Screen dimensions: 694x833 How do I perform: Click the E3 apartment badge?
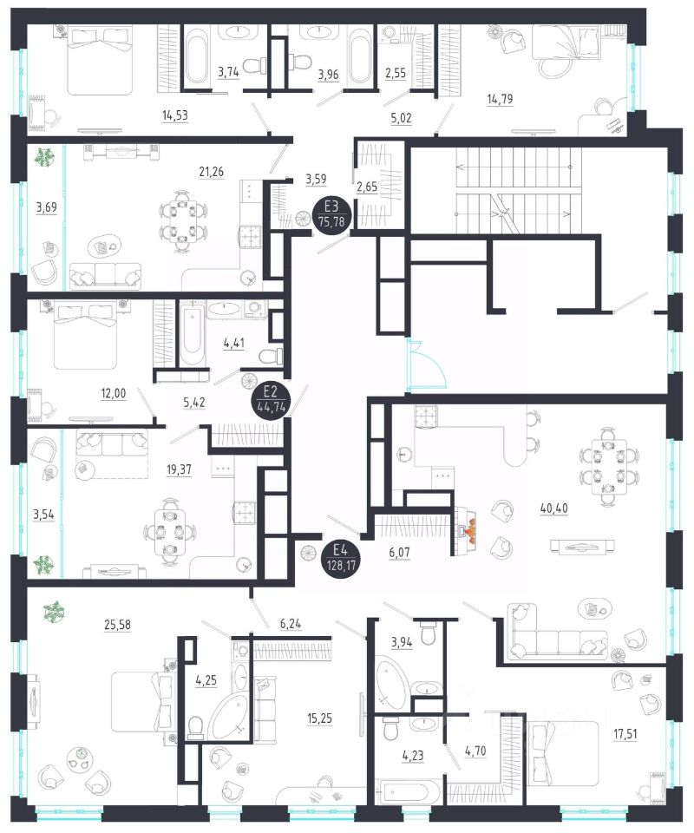329,212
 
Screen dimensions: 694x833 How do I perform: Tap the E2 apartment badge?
269,401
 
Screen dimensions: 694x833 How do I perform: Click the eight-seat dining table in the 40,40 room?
607,466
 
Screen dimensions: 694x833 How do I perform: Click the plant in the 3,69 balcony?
43,158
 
